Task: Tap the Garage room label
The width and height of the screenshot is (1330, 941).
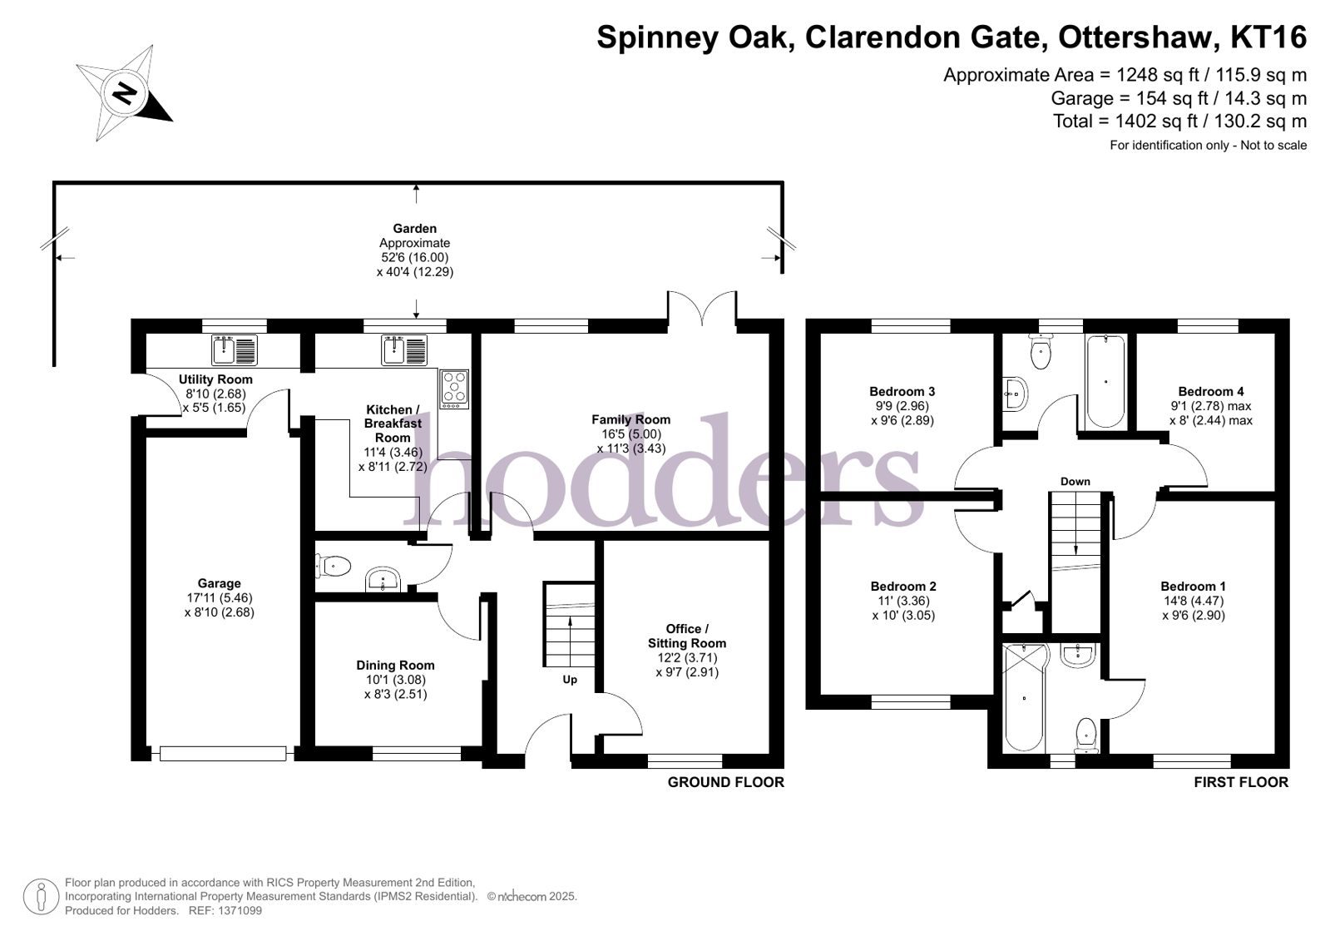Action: click(219, 584)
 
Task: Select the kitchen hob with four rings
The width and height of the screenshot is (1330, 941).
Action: click(454, 389)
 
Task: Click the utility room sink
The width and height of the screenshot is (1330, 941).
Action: click(235, 350)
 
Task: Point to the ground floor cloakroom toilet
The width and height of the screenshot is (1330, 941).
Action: click(333, 567)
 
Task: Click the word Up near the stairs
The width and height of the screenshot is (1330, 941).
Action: click(570, 680)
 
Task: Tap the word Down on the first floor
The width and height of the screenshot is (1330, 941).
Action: click(1075, 482)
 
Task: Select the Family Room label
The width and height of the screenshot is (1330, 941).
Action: click(630, 420)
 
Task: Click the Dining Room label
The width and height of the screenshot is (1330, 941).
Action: click(395, 666)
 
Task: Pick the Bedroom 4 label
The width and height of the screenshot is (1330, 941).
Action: click(1210, 392)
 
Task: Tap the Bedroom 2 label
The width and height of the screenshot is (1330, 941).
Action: click(902, 587)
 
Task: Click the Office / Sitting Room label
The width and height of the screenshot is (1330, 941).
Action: click(687, 636)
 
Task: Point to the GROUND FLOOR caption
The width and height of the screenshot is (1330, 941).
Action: click(725, 782)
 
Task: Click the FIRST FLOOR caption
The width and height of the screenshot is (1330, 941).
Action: click(1240, 782)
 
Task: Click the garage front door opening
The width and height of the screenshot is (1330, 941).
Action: click(222, 754)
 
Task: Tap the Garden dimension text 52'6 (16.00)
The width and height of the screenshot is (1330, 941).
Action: click(414, 258)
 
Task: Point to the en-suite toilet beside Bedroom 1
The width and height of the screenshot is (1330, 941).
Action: click(1086, 735)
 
